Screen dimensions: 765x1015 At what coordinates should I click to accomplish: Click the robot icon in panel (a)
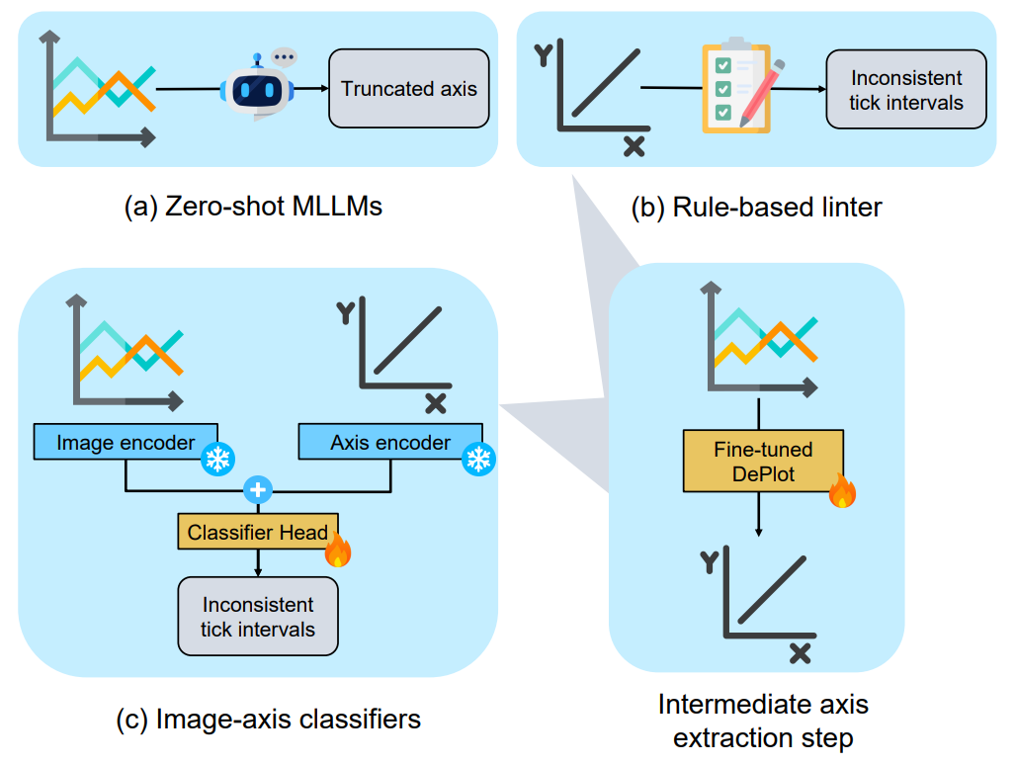pyautogui.click(x=257, y=87)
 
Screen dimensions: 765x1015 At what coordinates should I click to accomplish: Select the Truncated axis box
pyautogui.click(x=409, y=89)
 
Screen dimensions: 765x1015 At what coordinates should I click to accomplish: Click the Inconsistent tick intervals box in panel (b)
pyautogui.click(x=905, y=90)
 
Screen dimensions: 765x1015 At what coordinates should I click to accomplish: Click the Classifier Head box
pyautogui.click(x=258, y=533)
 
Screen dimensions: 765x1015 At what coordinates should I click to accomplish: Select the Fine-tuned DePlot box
pyautogui.click(x=763, y=461)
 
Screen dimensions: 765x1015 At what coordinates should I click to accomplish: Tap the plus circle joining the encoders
pyautogui.click(x=259, y=489)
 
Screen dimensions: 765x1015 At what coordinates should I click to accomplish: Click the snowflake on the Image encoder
pyautogui.click(x=216, y=459)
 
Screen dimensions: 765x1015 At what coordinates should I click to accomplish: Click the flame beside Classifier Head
pyautogui.click(x=338, y=551)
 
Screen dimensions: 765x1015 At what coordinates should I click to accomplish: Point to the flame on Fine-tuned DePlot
pyautogui.click(x=842, y=491)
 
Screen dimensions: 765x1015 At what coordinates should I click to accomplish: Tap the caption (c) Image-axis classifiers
pyautogui.click(x=268, y=719)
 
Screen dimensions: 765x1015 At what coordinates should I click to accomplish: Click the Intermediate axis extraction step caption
pyautogui.click(x=763, y=721)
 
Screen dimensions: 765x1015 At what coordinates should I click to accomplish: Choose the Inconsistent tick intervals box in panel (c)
pyautogui.click(x=257, y=617)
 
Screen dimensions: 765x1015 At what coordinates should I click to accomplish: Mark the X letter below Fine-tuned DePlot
pyautogui.click(x=801, y=653)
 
